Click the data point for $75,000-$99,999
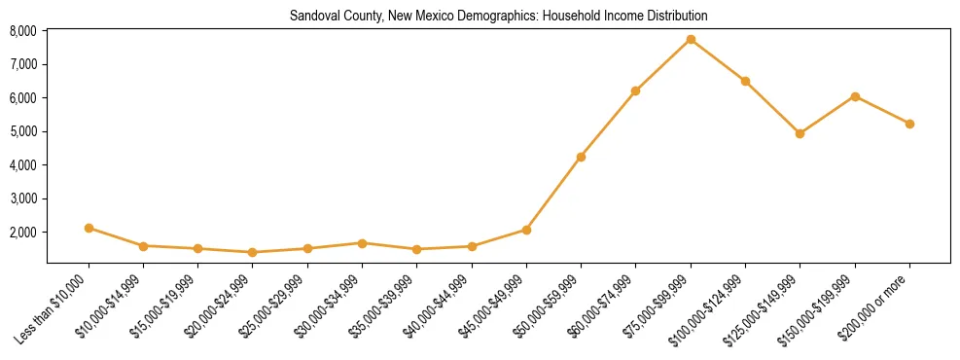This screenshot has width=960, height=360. pos(691,39)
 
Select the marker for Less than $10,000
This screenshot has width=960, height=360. pos(89,228)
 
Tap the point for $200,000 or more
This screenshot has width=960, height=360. pos(909,124)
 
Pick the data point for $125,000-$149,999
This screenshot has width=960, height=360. pos(800,133)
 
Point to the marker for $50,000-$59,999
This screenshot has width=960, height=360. pos(581,157)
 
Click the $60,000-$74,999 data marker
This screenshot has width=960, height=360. pos(635,90)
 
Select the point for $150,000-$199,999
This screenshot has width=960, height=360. pos(855,96)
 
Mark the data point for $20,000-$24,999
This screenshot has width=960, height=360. pos(253,252)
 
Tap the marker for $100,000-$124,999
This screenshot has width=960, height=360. pos(745,81)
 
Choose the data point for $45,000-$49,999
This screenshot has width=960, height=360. pos(526,230)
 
